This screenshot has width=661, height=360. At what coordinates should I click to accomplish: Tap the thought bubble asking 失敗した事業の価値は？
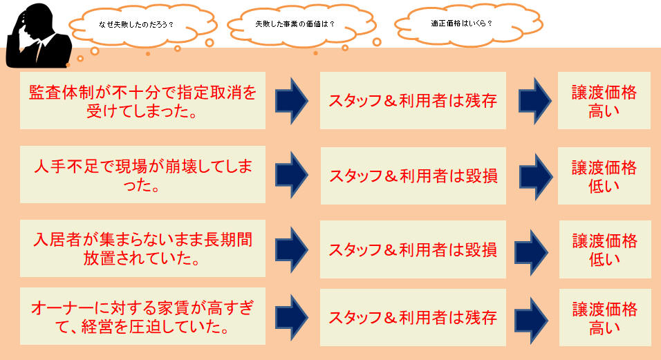pos(301,24)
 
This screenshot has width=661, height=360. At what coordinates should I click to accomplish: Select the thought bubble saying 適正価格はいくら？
pos(468,23)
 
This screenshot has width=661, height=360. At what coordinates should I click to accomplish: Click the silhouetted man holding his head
pos(38,36)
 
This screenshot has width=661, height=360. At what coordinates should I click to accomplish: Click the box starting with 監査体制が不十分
pos(142,101)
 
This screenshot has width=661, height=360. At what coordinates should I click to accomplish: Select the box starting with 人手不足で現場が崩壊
pos(142,175)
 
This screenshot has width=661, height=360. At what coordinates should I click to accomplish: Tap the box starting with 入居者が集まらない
pos(142,249)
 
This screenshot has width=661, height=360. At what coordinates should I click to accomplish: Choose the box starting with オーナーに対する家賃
pos(142,316)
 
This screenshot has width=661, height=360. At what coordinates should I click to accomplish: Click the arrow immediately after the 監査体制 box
pos(292,101)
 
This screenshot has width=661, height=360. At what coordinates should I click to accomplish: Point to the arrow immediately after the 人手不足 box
pos(292,175)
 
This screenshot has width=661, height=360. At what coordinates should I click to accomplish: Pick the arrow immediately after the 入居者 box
pos(292,249)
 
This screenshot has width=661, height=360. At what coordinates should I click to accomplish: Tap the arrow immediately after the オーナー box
pos(292,317)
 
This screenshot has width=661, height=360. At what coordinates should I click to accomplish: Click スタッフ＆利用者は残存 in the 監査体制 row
pos(413,101)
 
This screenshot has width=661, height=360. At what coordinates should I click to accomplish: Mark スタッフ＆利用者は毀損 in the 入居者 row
pos(413,249)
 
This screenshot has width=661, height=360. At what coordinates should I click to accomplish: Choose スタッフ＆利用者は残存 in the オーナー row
pos(413,317)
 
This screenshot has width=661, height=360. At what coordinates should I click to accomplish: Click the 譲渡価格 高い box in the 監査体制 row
pos(604,101)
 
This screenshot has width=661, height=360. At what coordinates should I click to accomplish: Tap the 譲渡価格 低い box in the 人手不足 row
pos(604,176)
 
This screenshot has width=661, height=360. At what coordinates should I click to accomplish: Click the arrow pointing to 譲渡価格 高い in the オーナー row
pos(531,321)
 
